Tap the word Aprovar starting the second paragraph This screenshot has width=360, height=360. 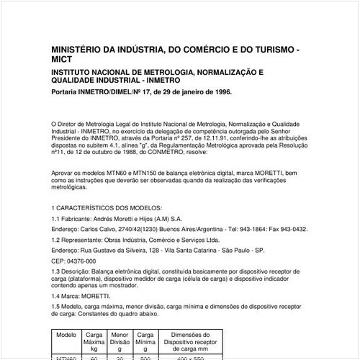65,174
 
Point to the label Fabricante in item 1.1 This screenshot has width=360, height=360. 81,218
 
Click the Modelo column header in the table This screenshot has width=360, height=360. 66,335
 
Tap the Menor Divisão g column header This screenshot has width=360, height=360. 120,341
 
